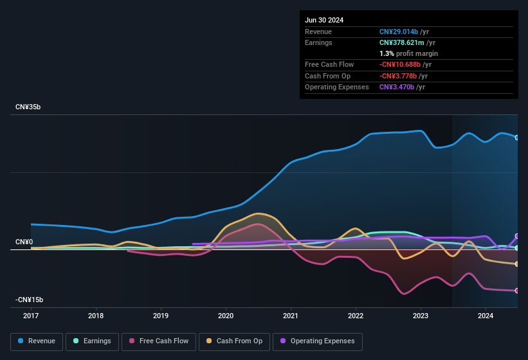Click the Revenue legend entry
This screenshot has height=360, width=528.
pyautogui.click(x=37, y=341)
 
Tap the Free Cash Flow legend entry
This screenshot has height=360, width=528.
pyautogui.click(x=159, y=341)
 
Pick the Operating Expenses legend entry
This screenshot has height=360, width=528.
pyautogui.click(x=318, y=341)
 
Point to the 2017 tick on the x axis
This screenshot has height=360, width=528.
pyautogui.click(x=31, y=316)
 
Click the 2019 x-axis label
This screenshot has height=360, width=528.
pyautogui.click(x=161, y=316)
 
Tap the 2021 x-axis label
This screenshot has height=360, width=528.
pyautogui.click(x=291, y=316)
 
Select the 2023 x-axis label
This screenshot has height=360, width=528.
pyautogui.click(x=421, y=316)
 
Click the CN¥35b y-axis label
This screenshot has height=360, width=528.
pyautogui.click(x=28, y=107)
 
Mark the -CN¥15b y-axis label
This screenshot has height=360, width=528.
pyautogui.click(x=30, y=300)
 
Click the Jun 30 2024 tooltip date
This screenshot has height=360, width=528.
pyautogui.click(x=324, y=20)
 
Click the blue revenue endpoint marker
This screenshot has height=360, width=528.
pyautogui.click(x=517, y=137)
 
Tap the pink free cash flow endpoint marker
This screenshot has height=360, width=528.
pyautogui.click(x=517, y=291)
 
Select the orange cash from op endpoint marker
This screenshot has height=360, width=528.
pyautogui.click(x=517, y=264)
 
